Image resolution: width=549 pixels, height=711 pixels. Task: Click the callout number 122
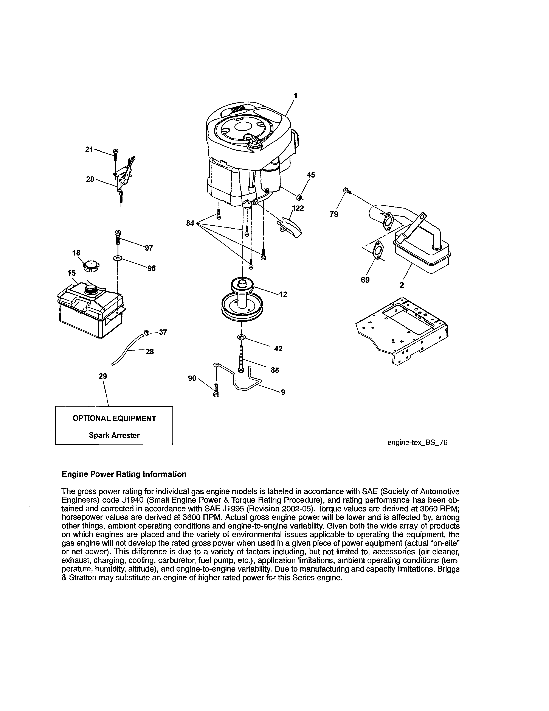pyautogui.click(x=298, y=208)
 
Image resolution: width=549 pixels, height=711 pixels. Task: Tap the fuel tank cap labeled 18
pyautogui.click(x=91, y=266)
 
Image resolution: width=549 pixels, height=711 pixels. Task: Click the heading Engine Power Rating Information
pyautogui.click(x=124, y=474)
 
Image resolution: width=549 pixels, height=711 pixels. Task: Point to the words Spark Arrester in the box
pyautogui.click(x=114, y=435)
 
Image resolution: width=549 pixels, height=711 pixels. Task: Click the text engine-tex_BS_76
pyautogui.click(x=417, y=442)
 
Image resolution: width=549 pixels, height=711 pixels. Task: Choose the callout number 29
pyautogui.click(x=103, y=376)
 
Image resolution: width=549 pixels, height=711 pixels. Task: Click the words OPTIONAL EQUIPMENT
pyautogui.click(x=114, y=418)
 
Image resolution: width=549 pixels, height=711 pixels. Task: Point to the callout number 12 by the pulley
pyautogui.click(x=283, y=294)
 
